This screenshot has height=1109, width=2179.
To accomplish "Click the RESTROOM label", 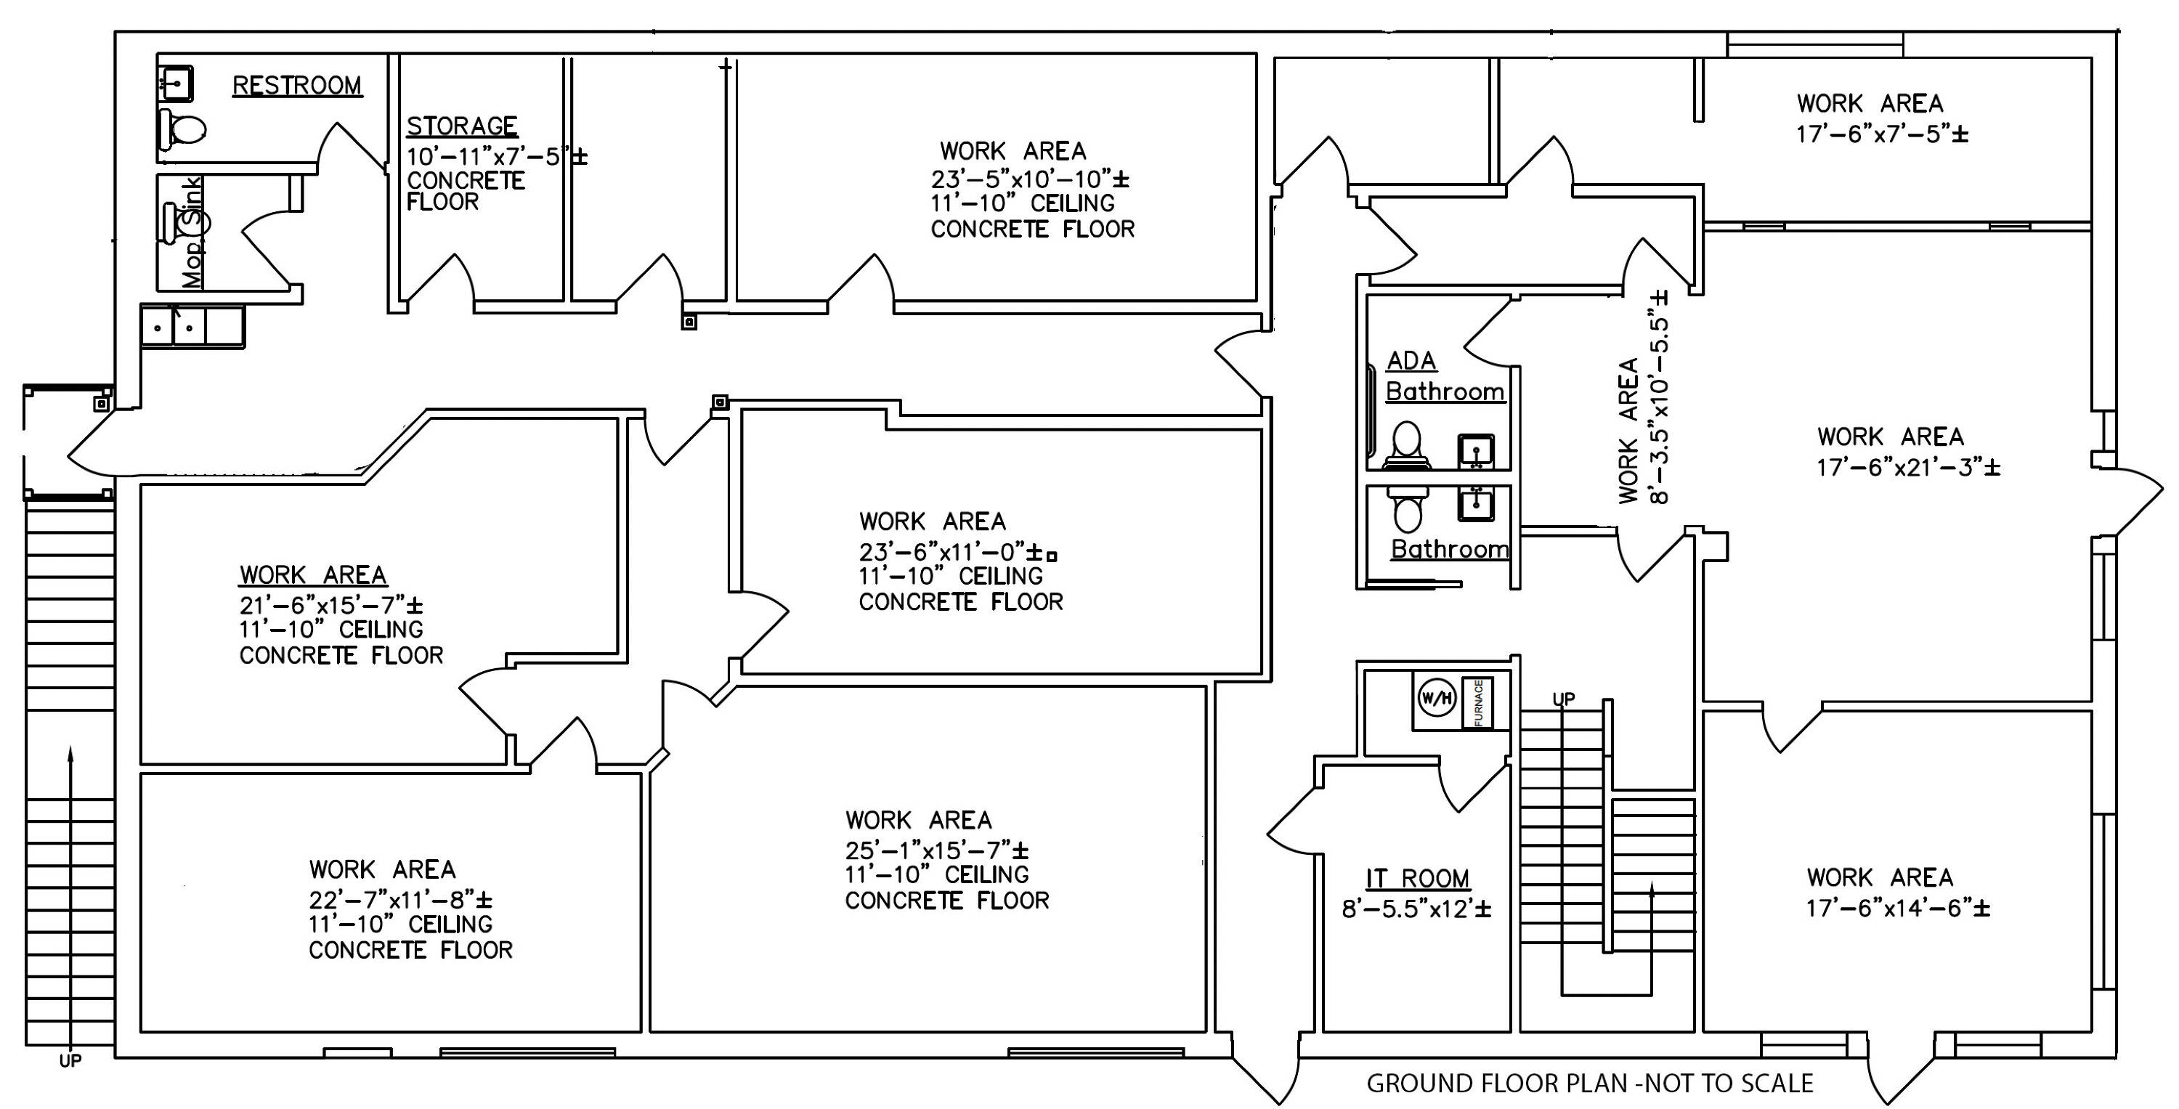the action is [x=297, y=86].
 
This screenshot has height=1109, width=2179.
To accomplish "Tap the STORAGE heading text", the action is [x=462, y=126].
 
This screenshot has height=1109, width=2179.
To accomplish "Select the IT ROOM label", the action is [x=1418, y=879].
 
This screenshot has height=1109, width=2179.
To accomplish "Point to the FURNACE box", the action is [x=1478, y=702].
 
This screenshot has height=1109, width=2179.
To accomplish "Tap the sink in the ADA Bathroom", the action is [x=1476, y=450].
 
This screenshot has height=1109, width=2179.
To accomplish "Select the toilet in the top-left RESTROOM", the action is [x=182, y=129].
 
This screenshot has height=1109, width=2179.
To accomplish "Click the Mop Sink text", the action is [x=193, y=232].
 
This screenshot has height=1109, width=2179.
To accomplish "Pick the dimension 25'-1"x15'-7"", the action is [x=936, y=849].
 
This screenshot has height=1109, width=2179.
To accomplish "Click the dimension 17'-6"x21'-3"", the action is [x=1908, y=467].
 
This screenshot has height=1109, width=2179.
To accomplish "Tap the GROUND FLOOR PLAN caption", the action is [x=1590, y=1084].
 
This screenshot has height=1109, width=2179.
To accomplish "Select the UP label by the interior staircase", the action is [x=1563, y=699].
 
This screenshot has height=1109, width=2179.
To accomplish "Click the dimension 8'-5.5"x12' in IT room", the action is [x=1417, y=909].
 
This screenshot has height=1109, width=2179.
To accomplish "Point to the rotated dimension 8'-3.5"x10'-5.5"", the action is [x=1658, y=397].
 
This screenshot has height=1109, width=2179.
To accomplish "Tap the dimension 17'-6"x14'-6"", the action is [x=1898, y=909].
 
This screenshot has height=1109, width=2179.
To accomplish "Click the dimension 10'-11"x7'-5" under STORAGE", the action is [x=498, y=156].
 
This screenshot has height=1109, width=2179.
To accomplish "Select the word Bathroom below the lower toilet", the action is [x=1450, y=550].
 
